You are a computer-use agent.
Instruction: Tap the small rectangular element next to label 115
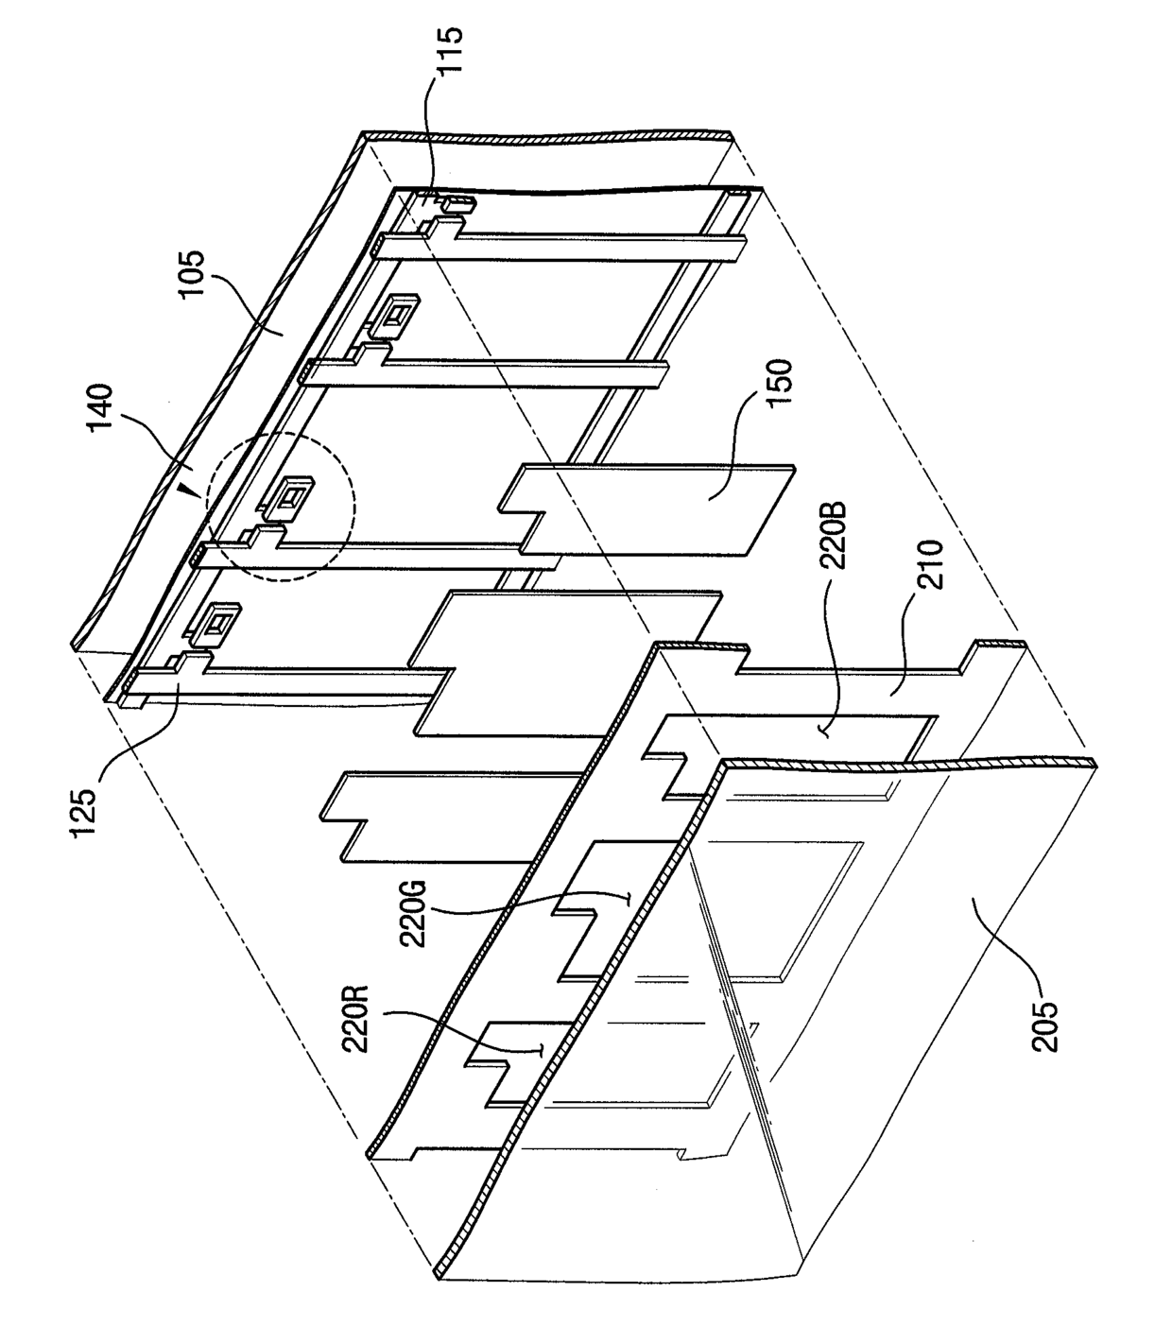click(460, 202)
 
